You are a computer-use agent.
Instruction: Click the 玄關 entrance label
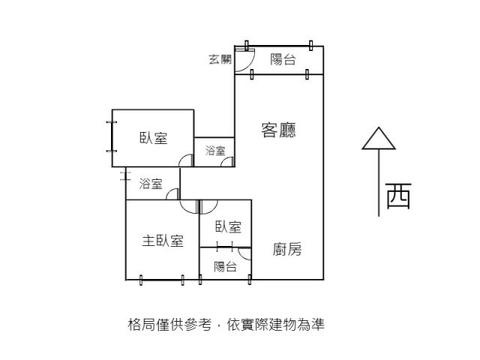click(x=220, y=60)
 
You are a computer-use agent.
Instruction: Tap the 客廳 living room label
click(x=278, y=130)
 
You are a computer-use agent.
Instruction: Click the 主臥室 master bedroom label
click(x=163, y=241)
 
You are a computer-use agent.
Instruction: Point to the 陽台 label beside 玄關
click(x=283, y=60)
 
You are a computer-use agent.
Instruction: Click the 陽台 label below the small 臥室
click(x=225, y=266)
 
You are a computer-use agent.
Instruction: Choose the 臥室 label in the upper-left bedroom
click(x=153, y=138)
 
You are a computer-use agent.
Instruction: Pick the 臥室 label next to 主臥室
click(x=228, y=226)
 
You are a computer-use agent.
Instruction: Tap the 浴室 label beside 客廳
click(x=215, y=151)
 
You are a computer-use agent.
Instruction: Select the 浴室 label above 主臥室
click(x=151, y=184)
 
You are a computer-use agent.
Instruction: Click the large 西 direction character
click(x=398, y=196)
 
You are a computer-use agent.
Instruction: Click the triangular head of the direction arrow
click(x=379, y=139)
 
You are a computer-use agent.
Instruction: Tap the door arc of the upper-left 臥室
click(x=185, y=159)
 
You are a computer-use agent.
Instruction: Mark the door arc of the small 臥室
click(x=208, y=207)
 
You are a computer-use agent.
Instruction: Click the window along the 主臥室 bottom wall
click(x=162, y=280)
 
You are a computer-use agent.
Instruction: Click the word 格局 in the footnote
click(x=139, y=325)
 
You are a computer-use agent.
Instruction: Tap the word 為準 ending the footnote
click(x=313, y=325)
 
